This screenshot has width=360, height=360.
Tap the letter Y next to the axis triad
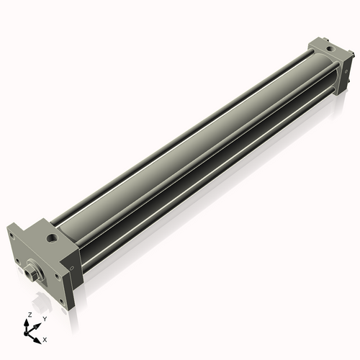(44, 318)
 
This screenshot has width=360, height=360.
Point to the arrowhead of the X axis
(39, 336)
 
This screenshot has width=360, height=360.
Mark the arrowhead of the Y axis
(39, 323)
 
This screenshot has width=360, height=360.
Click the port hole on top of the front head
(53, 236)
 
